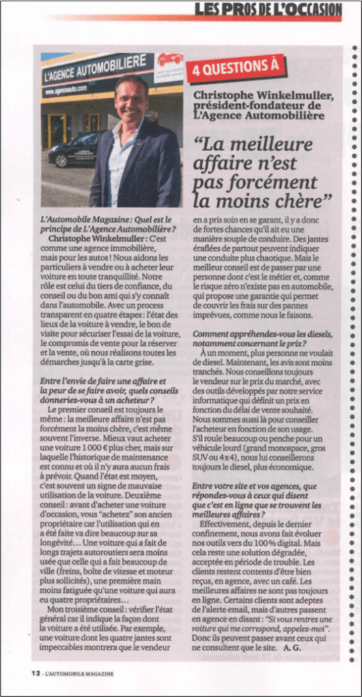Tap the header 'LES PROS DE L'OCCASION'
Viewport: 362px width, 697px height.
(x=267, y=10)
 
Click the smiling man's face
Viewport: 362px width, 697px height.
(x=130, y=99)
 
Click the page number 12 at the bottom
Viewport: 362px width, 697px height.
(x=35, y=674)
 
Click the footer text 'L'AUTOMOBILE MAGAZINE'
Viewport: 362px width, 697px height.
(x=80, y=674)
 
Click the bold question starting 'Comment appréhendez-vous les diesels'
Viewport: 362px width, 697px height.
(x=262, y=339)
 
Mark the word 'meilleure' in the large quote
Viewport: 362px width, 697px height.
(x=270, y=145)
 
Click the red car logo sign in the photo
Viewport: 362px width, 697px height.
(x=169, y=60)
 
